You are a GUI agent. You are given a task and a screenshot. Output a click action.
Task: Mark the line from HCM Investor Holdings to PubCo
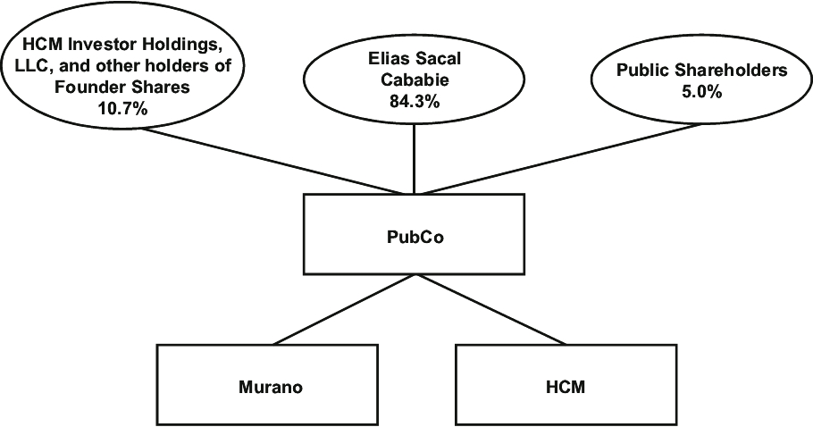pos(268,161)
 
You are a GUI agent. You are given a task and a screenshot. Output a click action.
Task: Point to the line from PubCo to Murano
pos(339,308)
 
